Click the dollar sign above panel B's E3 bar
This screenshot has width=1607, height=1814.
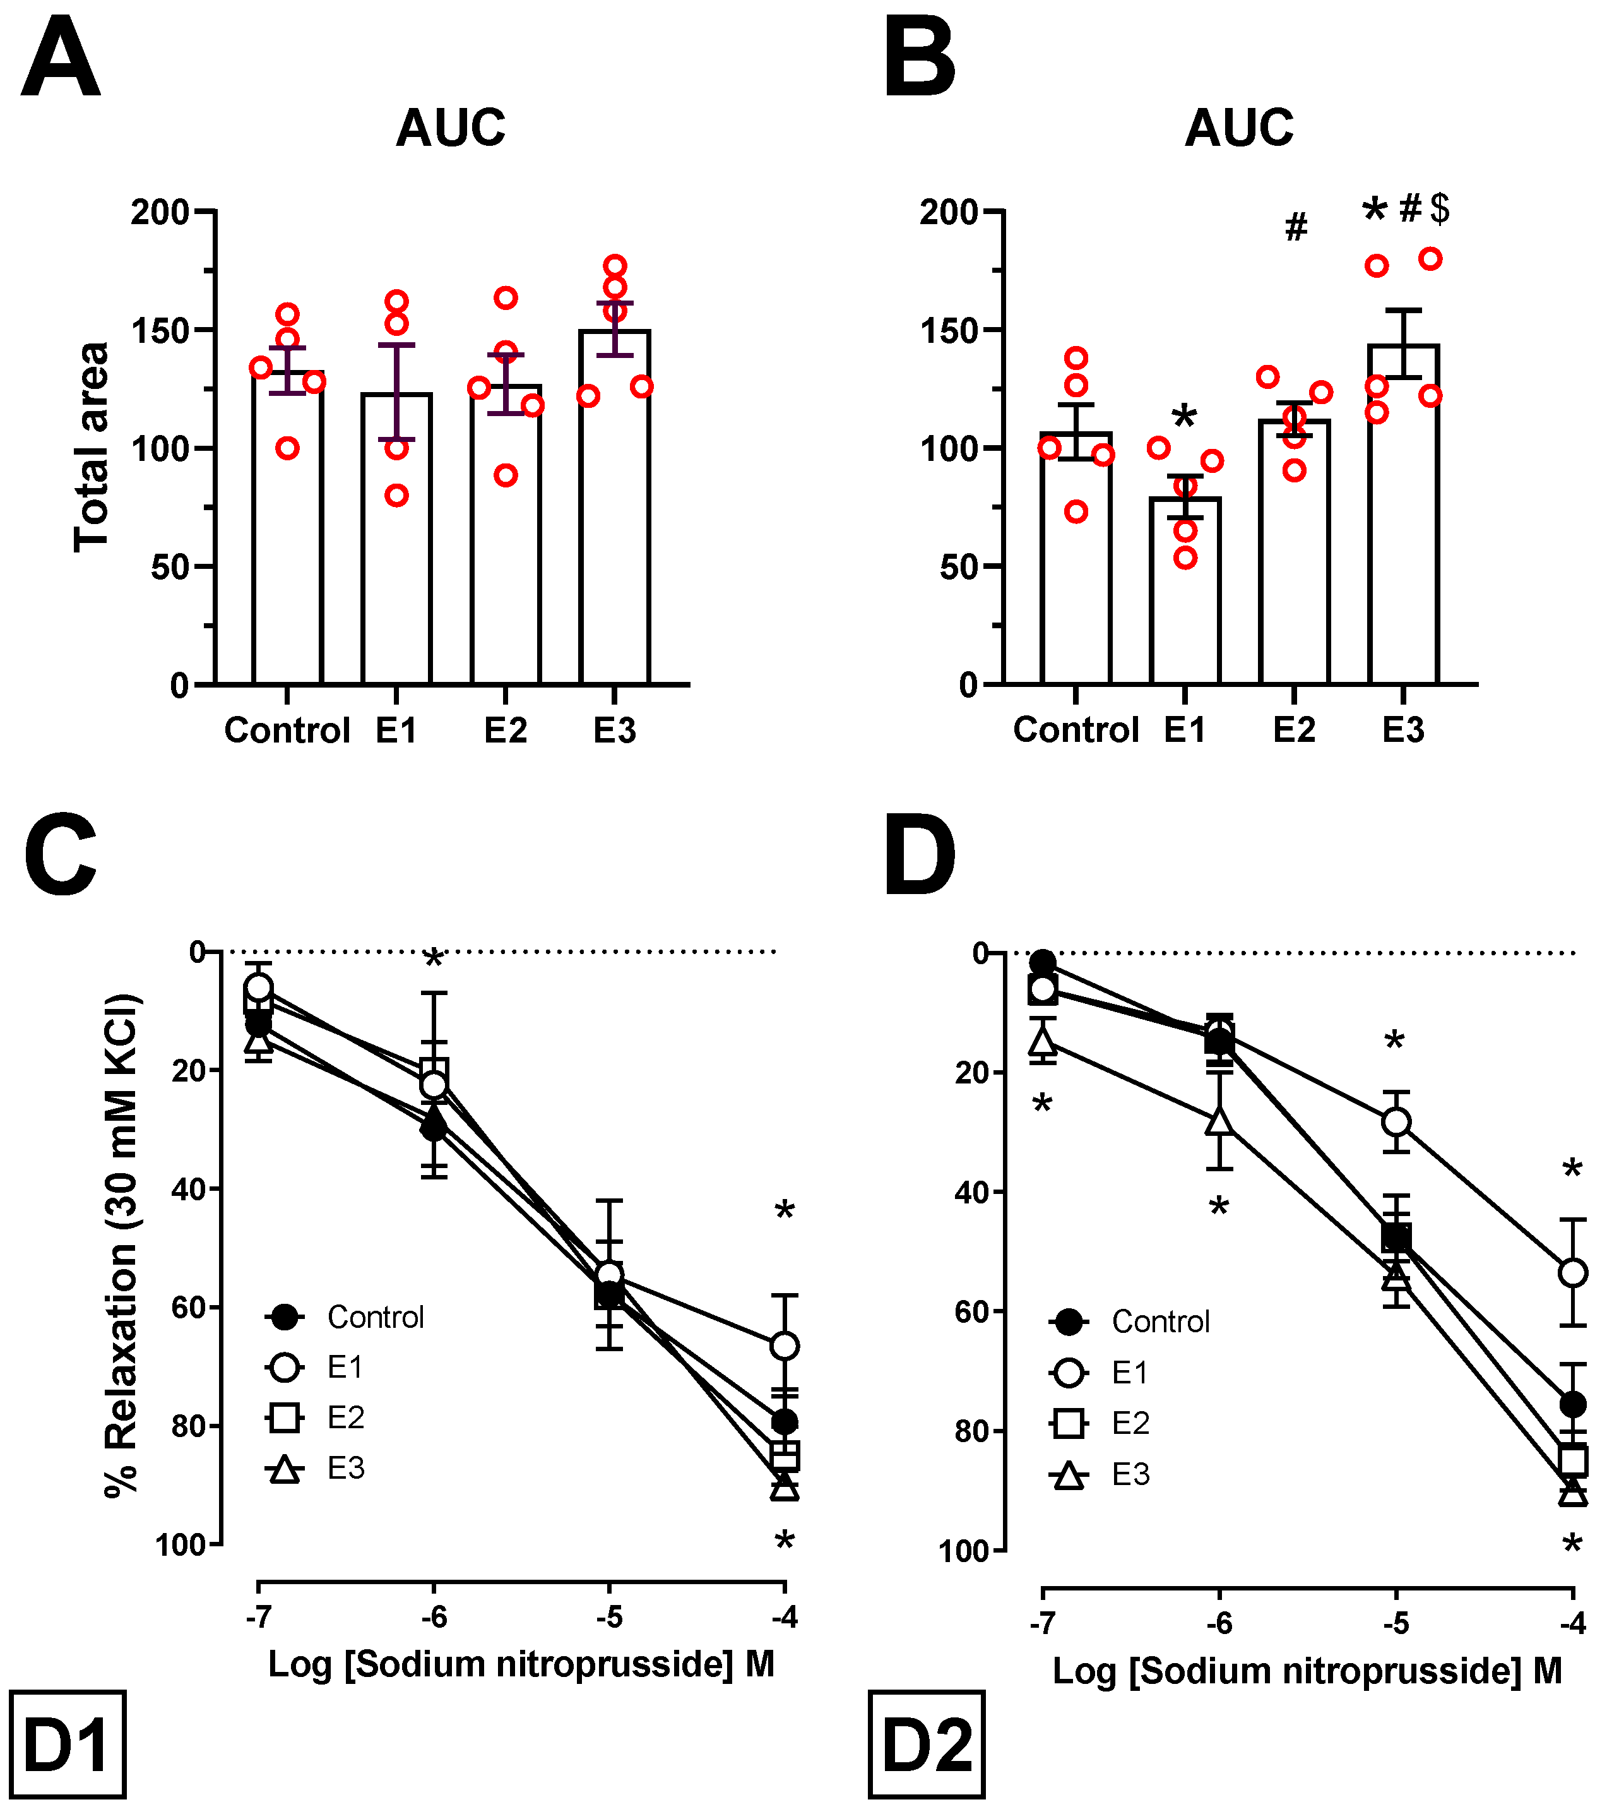[x=1439, y=208]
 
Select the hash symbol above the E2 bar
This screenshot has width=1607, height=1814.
[x=1296, y=227]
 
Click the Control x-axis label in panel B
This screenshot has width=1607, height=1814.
[x=1076, y=729]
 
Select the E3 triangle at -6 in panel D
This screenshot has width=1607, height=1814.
[x=1219, y=1121]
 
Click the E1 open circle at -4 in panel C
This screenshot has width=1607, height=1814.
[x=785, y=1346]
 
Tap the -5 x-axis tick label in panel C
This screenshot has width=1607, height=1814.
[x=608, y=1617]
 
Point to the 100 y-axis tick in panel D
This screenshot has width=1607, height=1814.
[x=964, y=1551]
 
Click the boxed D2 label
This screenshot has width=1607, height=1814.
[x=927, y=1745]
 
